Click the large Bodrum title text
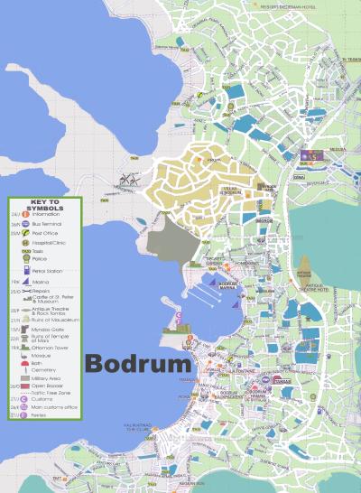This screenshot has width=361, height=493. (x=138, y=364)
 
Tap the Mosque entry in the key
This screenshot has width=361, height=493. (x=42, y=356)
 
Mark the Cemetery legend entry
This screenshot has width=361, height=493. (x=45, y=370)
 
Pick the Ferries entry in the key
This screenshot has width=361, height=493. (x=42, y=416)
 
